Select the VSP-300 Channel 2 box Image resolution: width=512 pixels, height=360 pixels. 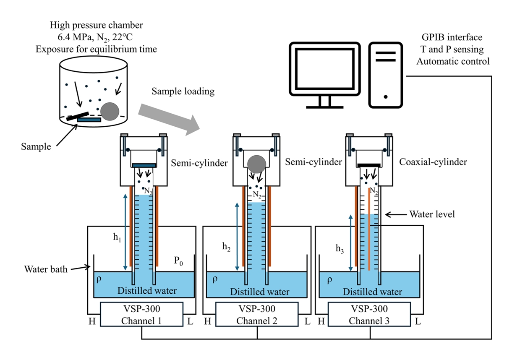[x=257, y=315]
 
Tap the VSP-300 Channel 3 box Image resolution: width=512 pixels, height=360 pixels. [x=370, y=315]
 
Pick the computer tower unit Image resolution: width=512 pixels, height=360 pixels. [x=385, y=74]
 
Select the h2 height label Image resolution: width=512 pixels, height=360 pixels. [x=227, y=247]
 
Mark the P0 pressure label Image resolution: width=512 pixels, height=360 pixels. [x=179, y=261]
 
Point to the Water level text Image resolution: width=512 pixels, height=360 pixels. [x=432, y=214]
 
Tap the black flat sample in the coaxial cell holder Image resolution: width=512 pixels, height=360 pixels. [x=369, y=165]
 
